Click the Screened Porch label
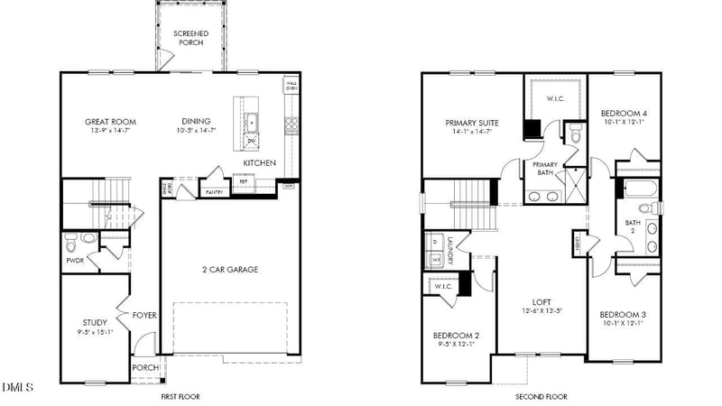191,39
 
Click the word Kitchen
259,163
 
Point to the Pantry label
214,192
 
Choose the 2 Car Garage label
230,269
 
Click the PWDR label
74,261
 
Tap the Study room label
95,322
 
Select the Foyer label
145,316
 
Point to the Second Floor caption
541,397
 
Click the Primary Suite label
472,123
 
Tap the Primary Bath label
545,169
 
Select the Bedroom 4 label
624,114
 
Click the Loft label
541,302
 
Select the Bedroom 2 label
457,336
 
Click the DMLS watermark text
18,388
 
